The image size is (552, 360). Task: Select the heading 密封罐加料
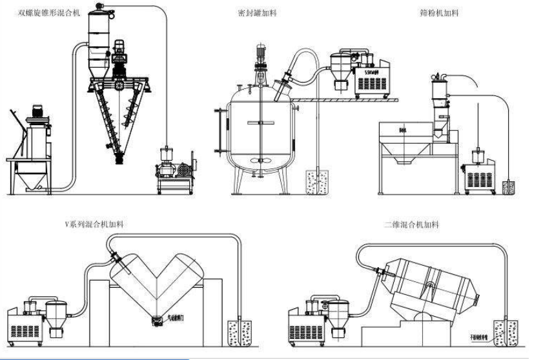pos(258,13)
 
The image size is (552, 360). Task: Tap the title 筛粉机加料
pos(439,13)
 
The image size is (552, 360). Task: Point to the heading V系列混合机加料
pos(94,224)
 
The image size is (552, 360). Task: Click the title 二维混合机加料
pos(411,225)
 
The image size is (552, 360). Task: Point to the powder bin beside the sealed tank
pos(317,183)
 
